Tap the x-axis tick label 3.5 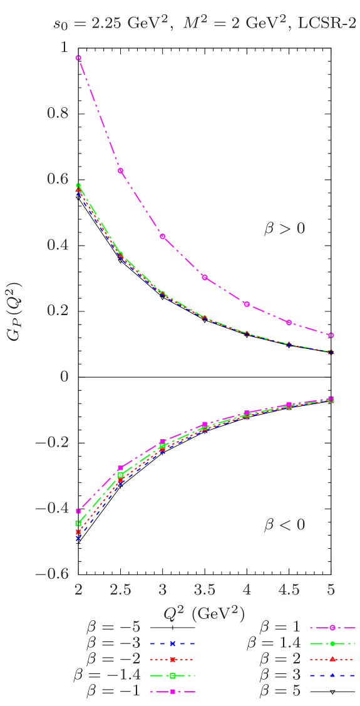coord(205,589)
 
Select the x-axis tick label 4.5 coord(289,589)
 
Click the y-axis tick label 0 coord(63,376)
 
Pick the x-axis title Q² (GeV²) coord(204,612)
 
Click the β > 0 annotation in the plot coord(284,229)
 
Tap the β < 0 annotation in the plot coord(284,524)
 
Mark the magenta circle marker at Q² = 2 coord(78,58)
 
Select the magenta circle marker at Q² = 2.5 coord(120,171)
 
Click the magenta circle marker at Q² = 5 coord(331,335)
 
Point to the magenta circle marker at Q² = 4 coord(247,304)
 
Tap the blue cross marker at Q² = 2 coord(78,538)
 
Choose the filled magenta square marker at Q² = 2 coord(78,511)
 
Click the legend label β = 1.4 coord(274,643)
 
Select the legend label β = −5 coord(113,626)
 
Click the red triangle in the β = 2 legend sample coord(333,659)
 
